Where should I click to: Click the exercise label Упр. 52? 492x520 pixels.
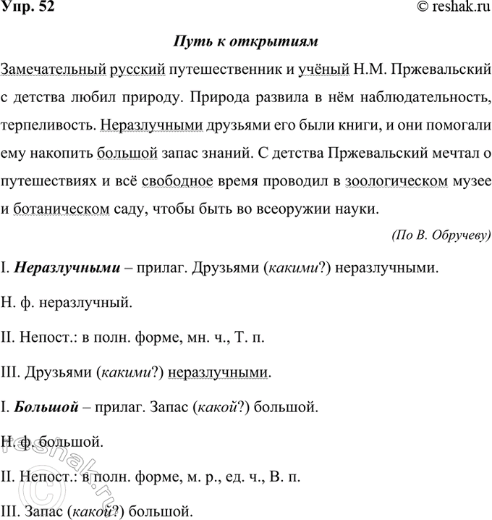[27, 8]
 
